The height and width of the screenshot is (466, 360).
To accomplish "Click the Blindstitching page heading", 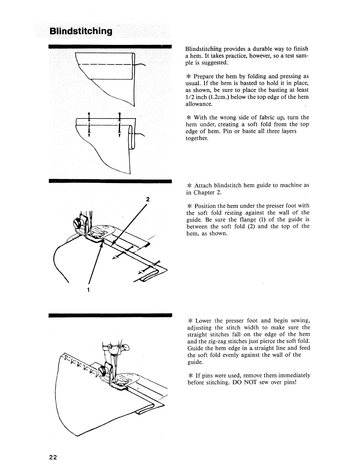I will (81, 31).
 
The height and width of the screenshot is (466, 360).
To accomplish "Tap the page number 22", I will (53, 457).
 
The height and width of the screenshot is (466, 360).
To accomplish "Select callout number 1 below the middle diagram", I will (88, 290).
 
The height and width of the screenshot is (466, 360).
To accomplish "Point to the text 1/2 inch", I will (196, 97).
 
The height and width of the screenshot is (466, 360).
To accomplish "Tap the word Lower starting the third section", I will (204, 321).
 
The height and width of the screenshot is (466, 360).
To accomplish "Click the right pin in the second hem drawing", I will (119, 125).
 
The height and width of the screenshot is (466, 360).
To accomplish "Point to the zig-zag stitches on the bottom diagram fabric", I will (79, 364).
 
